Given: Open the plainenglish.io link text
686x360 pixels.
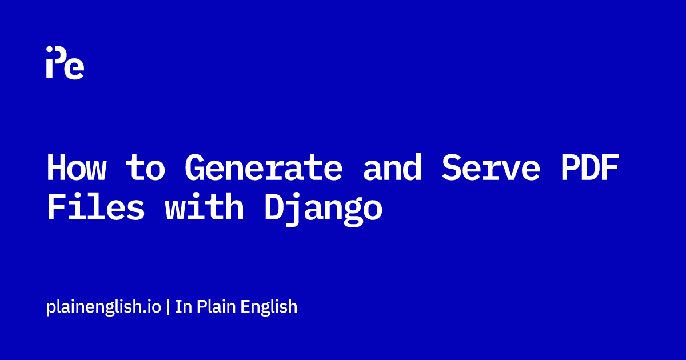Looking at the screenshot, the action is click(x=103, y=307).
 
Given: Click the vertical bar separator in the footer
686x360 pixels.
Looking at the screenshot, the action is click(x=168, y=307).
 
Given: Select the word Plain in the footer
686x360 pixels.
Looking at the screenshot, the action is click(x=216, y=306).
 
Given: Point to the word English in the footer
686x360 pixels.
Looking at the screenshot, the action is click(x=269, y=307).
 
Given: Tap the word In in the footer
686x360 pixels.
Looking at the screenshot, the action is click(x=184, y=306).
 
